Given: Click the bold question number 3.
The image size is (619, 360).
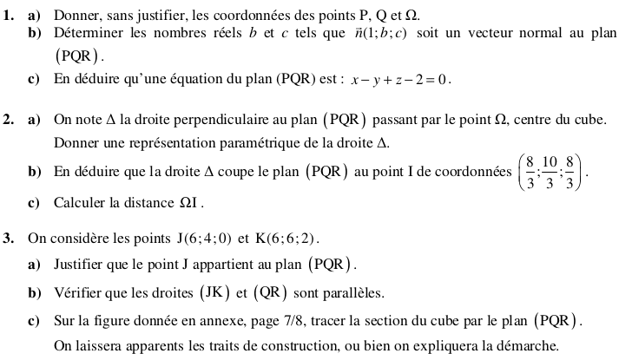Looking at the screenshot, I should [x=8, y=236].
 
